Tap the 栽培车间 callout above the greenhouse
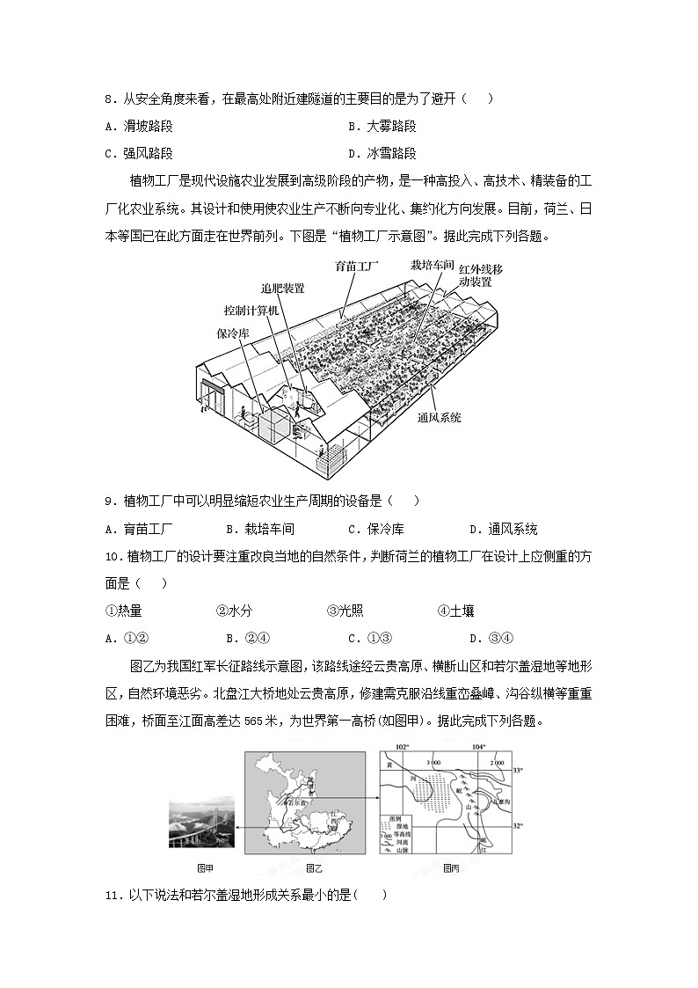[432, 264]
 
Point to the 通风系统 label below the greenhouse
[439, 417]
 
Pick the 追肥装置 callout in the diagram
[282, 288]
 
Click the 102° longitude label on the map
[403, 747]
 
